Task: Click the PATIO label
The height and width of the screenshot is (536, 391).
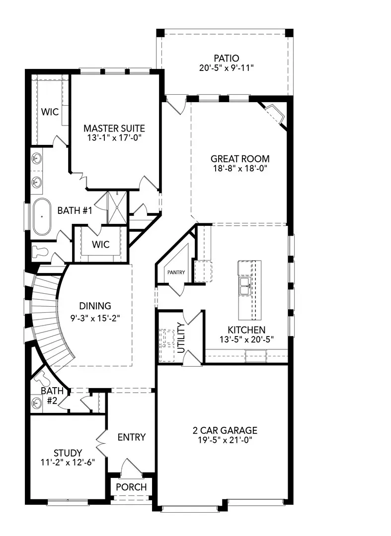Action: pos(223,58)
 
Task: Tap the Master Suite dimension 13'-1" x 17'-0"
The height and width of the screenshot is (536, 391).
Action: pos(114,138)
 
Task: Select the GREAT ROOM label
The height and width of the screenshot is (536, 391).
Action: pos(240,159)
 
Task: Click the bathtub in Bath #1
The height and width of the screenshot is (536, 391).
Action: pos(42,217)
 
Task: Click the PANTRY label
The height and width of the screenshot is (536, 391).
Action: pos(175,272)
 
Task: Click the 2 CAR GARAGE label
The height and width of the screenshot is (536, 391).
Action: pos(225,430)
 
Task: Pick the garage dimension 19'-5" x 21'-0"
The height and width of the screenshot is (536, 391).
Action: pos(225,440)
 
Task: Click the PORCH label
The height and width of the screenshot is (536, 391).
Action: pos(131,487)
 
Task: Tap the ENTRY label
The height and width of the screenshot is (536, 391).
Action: pos(131,437)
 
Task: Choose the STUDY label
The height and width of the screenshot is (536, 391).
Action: pos(68,453)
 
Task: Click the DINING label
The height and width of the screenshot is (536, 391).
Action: pos(95,306)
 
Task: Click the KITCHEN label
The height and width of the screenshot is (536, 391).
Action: pos(246,330)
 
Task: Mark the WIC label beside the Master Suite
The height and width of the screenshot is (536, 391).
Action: pos(50,112)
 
